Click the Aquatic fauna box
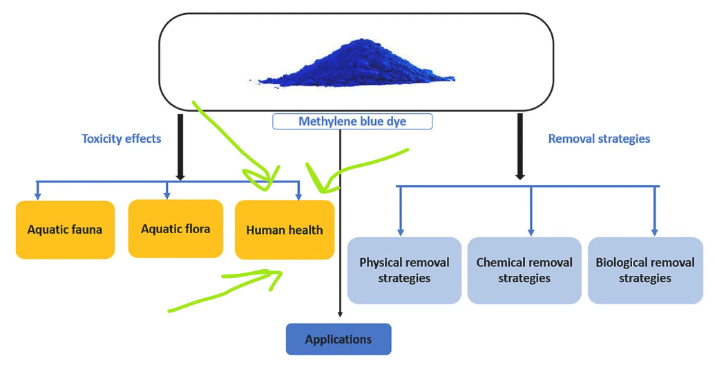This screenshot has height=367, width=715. pos(65,230)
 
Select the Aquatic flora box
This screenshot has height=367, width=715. pos(175,228)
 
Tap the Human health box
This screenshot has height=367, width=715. pos(284,230)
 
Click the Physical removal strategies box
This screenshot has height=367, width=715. pos(404,270)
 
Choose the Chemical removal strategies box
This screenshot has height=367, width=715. pos(524,270)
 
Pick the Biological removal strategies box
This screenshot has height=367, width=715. pos(645,270)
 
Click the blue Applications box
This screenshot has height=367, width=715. pos(339,339)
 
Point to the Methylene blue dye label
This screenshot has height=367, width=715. pos(352,121)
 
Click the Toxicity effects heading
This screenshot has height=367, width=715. pos(121,139)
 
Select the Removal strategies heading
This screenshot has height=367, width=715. pos(599,139)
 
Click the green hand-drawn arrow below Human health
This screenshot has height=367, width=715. pos(228,289)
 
